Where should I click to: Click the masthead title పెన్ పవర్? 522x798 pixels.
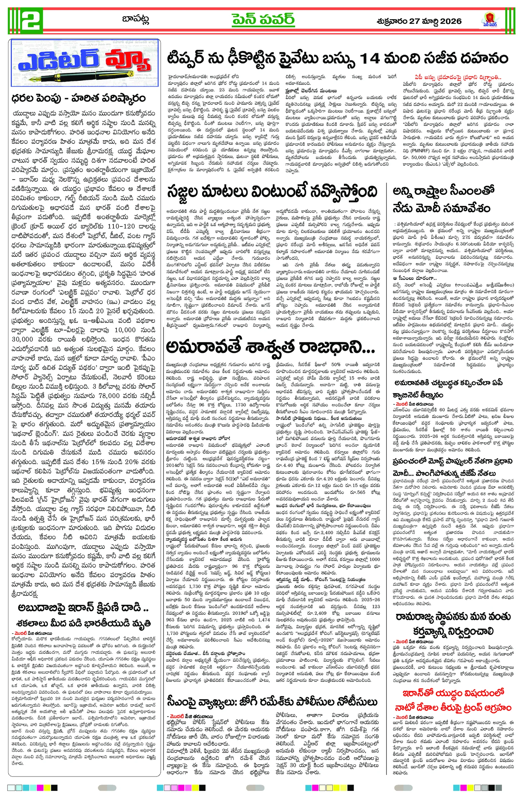[x=263, y=20]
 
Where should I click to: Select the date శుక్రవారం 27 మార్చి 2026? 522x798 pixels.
[x=419, y=21]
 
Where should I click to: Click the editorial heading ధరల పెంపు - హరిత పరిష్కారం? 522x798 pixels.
[x=78, y=98]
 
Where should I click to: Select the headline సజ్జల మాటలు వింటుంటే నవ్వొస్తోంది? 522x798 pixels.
[x=272, y=192]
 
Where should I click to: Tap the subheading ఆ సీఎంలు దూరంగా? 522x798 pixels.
[x=415, y=278]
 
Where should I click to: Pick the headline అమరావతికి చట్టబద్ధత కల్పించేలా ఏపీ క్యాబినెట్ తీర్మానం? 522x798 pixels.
[x=448, y=389]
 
